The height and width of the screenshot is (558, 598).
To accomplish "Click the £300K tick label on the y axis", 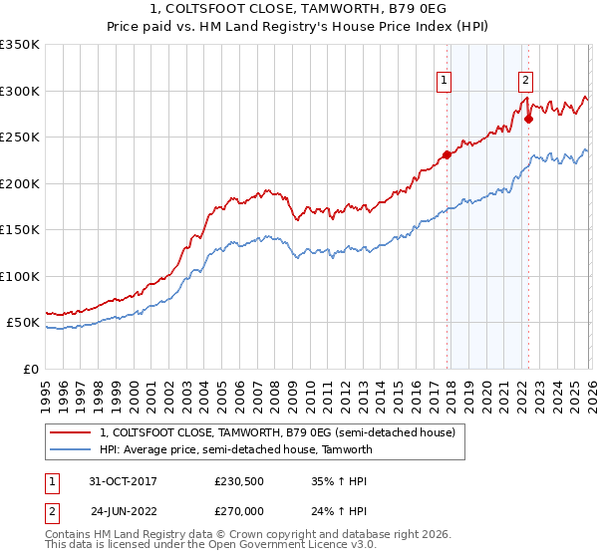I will [x=19, y=91].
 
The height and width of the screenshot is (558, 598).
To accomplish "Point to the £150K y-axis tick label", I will [x=19, y=229].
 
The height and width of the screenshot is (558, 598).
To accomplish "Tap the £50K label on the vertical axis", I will [x=22, y=323].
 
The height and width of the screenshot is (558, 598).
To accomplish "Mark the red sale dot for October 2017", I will [x=447, y=154].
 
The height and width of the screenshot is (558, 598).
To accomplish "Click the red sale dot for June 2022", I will [x=528, y=119].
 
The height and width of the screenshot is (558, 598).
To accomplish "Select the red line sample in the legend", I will [x=70, y=432].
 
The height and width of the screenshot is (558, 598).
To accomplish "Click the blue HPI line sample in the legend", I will [x=70, y=449].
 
